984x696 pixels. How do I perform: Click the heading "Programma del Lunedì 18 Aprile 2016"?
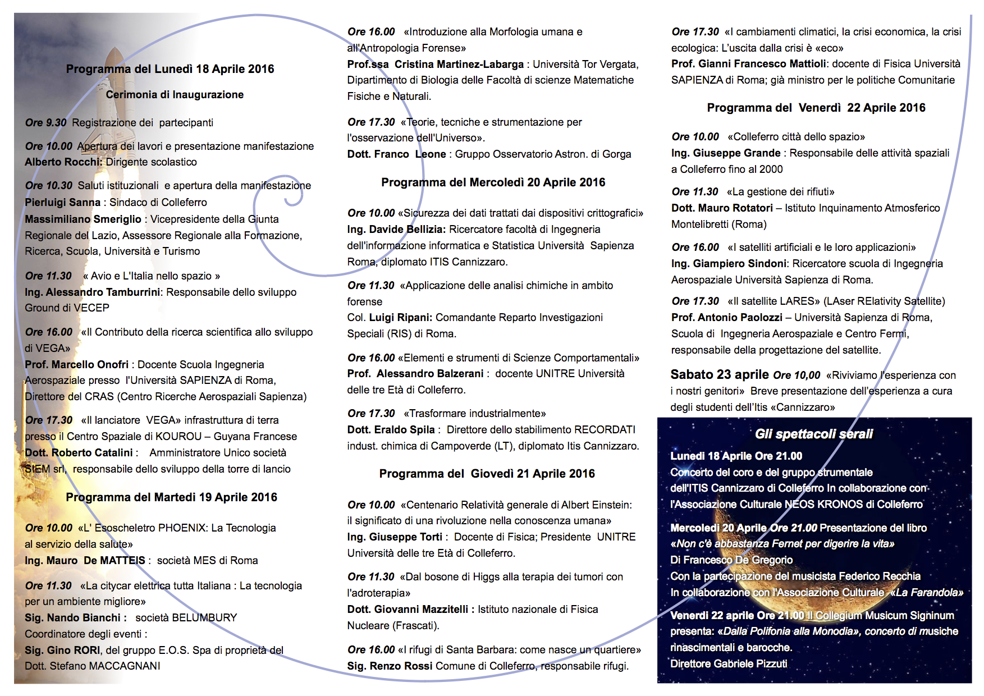[170, 69]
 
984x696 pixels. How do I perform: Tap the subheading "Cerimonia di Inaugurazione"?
[175, 95]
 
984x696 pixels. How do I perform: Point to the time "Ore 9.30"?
[45, 123]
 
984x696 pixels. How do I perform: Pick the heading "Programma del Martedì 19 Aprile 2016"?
[171, 497]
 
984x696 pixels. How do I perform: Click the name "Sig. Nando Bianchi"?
[72, 618]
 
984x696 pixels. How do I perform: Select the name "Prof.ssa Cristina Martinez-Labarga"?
[435, 65]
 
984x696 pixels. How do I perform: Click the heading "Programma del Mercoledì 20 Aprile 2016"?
[493, 182]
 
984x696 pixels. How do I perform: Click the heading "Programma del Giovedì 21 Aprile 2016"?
[487, 474]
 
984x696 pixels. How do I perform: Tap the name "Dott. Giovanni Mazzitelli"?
[408, 610]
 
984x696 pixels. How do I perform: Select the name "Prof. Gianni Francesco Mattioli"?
[749, 64]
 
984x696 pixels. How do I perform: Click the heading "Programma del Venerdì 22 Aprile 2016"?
[816, 108]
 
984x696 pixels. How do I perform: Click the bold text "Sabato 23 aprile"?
[720, 375]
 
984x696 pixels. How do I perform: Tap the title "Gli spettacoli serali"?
[814, 434]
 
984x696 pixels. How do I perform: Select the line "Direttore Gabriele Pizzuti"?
[729, 664]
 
